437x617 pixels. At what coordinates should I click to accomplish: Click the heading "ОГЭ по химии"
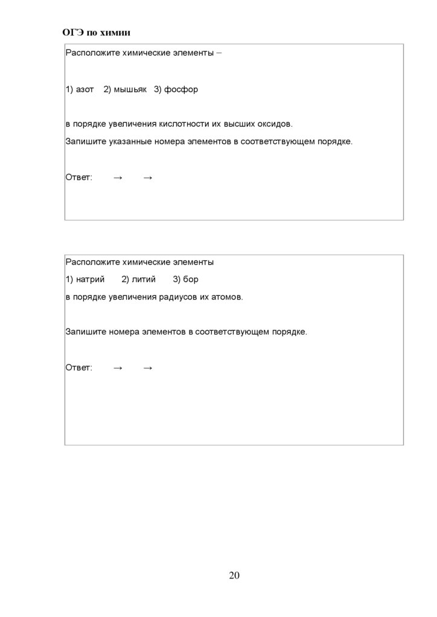(97, 31)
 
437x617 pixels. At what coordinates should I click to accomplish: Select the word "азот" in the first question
(85, 90)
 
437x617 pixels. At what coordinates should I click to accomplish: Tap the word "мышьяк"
(131, 90)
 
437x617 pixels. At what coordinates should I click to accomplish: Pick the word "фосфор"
(181, 90)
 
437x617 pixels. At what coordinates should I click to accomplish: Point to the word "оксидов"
(275, 124)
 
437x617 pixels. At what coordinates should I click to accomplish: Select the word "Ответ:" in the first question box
(78, 177)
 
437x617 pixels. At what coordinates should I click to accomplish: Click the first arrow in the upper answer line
(118, 177)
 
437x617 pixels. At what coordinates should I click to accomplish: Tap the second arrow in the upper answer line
(148, 177)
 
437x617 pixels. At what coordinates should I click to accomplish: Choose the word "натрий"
(91, 280)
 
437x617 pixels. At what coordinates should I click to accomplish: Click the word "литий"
(143, 280)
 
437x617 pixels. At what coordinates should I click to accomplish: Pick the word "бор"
(191, 280)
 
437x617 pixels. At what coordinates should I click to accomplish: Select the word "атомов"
(227, 297)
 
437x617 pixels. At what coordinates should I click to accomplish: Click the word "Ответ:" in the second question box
(78, 368)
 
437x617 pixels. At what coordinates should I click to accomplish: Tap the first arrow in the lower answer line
(118, 368)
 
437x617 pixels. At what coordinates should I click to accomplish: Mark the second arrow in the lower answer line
(148, 368)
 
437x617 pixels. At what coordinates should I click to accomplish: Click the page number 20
(234, 575)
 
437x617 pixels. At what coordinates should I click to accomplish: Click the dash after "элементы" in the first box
(218, 53)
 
